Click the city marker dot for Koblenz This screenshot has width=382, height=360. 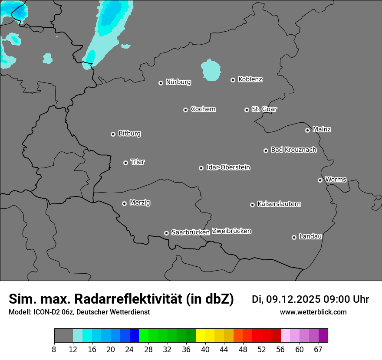233,80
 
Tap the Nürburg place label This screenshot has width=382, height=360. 178,82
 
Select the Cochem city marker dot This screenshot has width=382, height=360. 185,110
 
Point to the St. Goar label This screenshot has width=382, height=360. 264,109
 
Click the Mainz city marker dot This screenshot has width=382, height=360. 307,130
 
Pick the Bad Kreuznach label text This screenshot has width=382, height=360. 293,150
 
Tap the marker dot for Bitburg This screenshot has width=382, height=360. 113,134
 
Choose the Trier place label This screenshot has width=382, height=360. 138,162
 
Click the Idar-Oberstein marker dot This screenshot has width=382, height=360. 201,168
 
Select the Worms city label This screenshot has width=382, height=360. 336,180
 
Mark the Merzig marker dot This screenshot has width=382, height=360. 124,203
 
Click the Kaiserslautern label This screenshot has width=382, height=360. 279,204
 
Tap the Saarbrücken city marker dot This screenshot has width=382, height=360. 166,233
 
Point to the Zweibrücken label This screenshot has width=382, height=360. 231,231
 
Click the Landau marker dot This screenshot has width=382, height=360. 294,237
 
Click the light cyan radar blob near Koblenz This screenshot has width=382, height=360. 211,69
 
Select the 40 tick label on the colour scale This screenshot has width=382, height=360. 205,349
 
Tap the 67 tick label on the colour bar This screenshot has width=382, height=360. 318,349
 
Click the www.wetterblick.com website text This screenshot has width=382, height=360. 313,312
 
